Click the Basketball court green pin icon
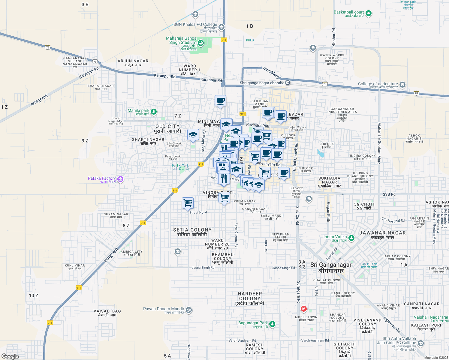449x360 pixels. click(369, 13)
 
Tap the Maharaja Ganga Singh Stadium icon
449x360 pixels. click(201, 43)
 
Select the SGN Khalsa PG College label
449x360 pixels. click(195, 24)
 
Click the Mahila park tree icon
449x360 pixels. click(154, 112)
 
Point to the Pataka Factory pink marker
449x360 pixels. click(120, 179)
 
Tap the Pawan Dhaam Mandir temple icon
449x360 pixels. click(189, 310)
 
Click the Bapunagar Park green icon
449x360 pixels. click(272, 324)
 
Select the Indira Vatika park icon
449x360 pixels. click(351, 238)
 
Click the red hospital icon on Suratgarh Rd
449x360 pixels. click(303, 309)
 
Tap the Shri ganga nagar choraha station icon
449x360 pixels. click(288, 83)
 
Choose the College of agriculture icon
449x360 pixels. click(402, 85)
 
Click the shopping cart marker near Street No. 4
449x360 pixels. click(188, 203)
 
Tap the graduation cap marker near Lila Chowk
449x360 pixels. click(193, 135)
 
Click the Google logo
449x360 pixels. click(10, 356)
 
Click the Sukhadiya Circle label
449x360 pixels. click(297, 190)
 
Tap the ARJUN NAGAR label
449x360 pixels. click(133, 61)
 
